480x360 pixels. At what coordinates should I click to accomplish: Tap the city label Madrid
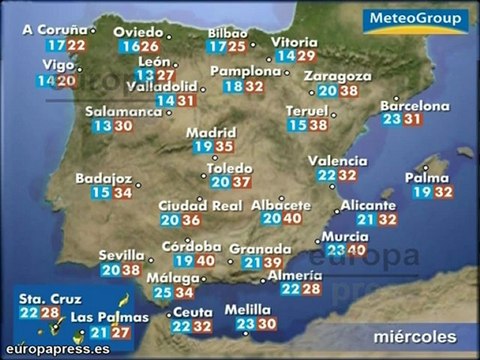(210, 132)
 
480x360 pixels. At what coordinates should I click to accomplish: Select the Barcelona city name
(415, 104)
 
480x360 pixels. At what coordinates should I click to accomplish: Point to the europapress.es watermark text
(55, 350)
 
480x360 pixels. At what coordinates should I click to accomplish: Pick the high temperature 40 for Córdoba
(205, 261)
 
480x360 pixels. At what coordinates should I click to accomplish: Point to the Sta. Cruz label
(45, 298)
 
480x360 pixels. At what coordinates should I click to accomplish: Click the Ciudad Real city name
(200, 206)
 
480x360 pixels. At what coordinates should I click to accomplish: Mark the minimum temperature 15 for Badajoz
(100, 193)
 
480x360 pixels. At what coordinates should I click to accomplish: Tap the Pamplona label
(244, 72)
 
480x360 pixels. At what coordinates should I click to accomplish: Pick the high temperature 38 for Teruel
(319, 125)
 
